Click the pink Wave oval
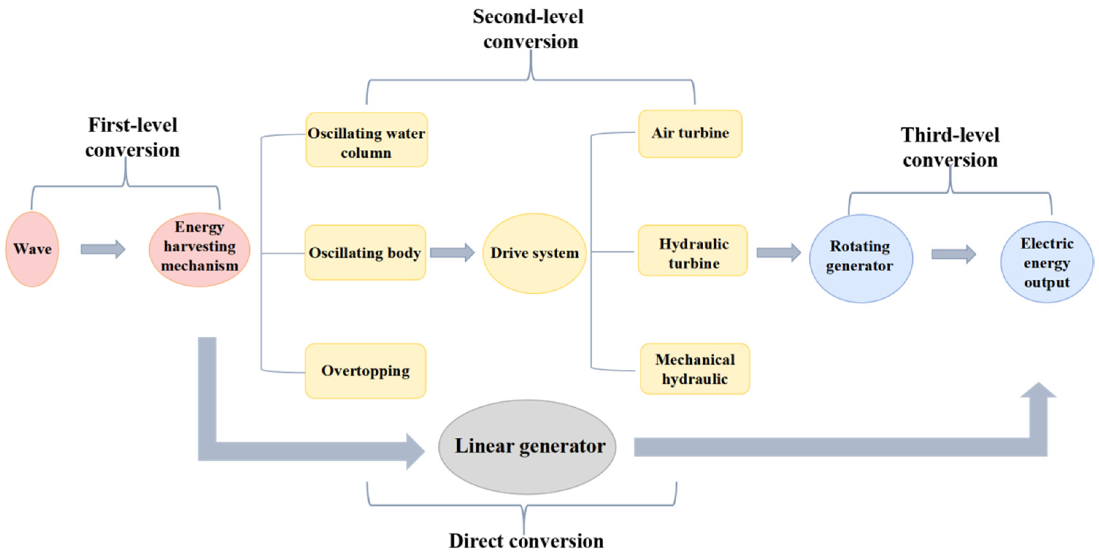tap(32, 249)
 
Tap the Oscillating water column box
tap(366, 140)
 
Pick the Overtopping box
tap(365, 371)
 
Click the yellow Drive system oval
tap(534, 253)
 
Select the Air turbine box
tap(690, 134)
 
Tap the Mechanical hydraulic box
tap(695, 369)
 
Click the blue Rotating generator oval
tap(861, 258)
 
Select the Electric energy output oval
tap(1046, 262)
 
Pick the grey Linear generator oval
tap(527, 447)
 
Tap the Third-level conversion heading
tap(950, 147)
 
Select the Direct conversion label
tap(526, 541)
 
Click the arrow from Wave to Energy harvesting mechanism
tap(103, 249)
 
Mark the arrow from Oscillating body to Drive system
tap(452, 253)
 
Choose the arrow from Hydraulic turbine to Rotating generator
tap(778, 253)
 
